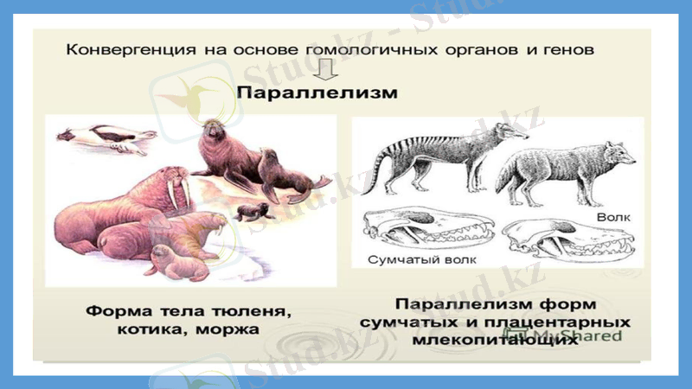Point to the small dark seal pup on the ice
tap(253, 212)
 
